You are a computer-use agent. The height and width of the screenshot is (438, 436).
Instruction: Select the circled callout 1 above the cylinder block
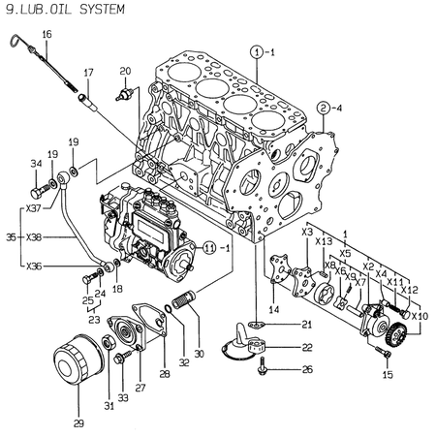pos(257,50)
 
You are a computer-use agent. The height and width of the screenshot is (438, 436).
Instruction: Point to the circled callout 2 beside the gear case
pos(323,108)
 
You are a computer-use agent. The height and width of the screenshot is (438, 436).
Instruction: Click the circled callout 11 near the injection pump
pos(206,247)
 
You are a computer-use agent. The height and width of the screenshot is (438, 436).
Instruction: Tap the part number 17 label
pos(88,73)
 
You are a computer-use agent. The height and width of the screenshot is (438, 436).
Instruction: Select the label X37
pos(34,207)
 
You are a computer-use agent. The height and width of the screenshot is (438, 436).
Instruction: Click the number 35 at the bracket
pos(10,236)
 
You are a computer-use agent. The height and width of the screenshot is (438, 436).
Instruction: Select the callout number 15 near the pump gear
pos(388,374)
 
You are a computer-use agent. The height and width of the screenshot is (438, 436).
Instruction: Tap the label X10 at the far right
pos(419,316)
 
